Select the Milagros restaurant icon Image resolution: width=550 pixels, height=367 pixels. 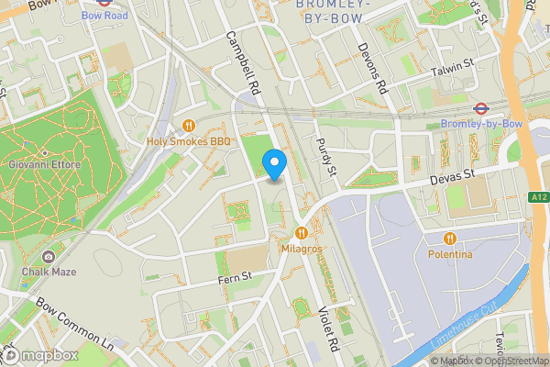pos(302,233)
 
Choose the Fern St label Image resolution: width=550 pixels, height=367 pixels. pos(234,276)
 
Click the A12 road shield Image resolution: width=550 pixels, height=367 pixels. pos(539,196)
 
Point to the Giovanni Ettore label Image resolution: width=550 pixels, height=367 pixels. pos(46,165)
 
